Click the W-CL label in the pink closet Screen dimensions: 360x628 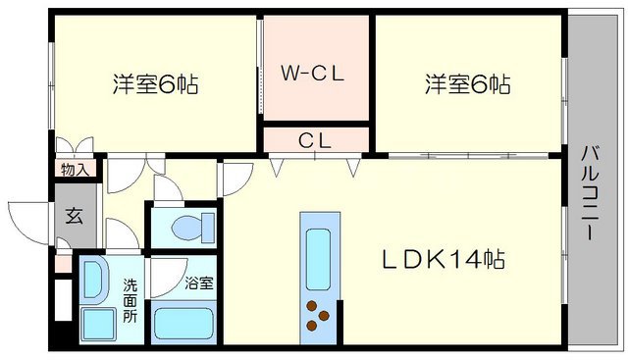315,74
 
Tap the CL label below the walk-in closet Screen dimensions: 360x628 315,139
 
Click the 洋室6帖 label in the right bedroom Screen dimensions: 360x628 466,84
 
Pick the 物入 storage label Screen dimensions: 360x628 75,170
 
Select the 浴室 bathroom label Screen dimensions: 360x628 199,283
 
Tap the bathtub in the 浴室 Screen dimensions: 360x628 184,322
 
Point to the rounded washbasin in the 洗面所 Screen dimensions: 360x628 95,281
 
